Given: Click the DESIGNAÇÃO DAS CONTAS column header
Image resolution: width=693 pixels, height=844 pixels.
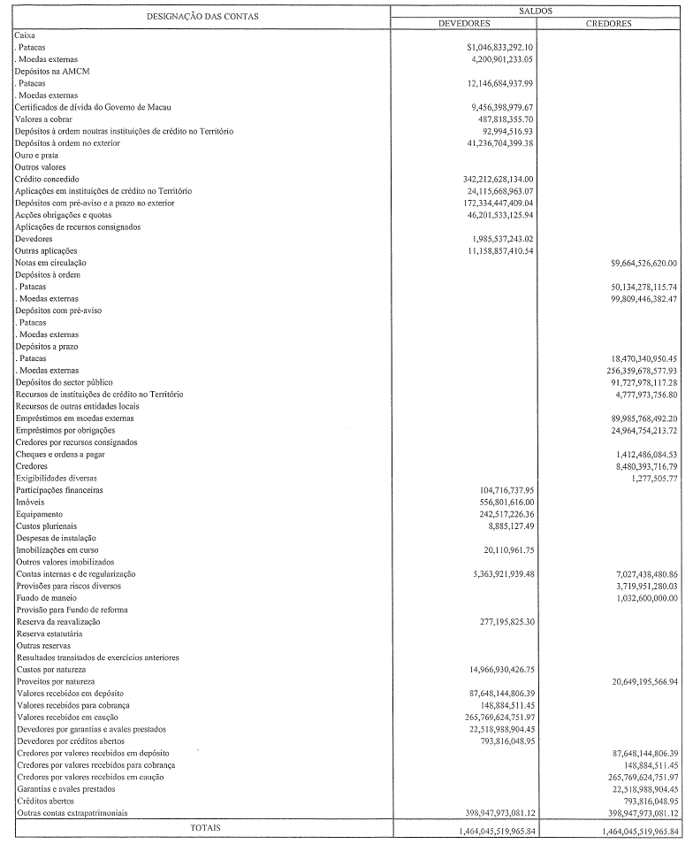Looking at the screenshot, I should point(202,17).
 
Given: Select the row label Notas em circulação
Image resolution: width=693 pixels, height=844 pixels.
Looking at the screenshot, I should point(50,263).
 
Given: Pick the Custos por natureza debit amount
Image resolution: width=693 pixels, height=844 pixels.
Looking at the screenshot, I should point(499,670).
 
